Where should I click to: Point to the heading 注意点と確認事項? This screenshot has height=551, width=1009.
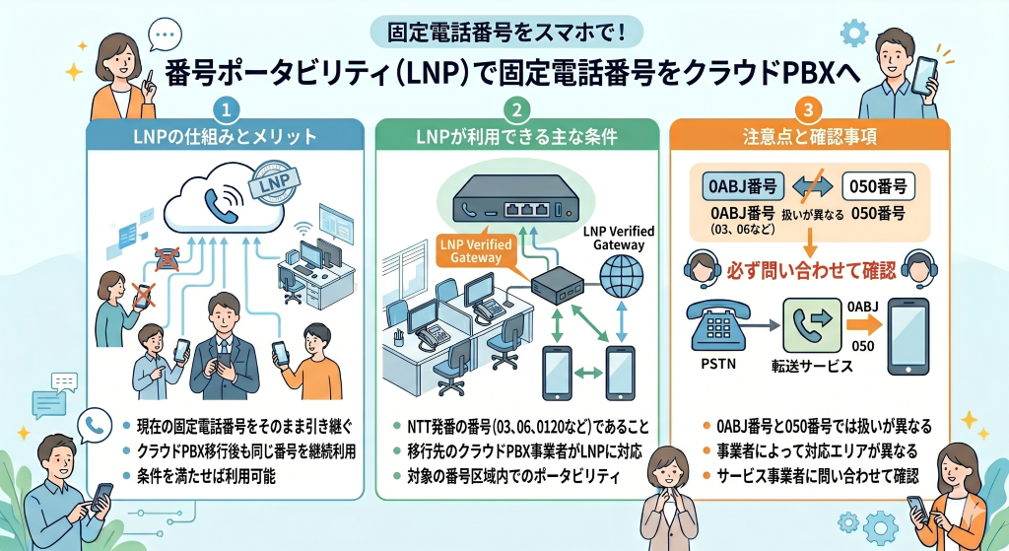pos(810,136)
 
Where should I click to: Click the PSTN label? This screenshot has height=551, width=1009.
pos(716,365)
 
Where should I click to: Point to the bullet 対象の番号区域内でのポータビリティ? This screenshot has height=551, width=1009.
pos(511,477)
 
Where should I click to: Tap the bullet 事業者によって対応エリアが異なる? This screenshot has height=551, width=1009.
pos(819,452)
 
